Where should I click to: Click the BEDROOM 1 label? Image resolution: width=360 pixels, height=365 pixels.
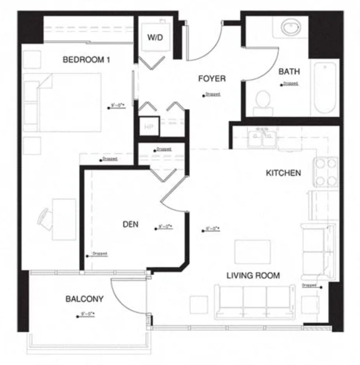pyautogui.click(x=87, y=60)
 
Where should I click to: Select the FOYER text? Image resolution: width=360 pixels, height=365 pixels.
pyautogui.click(x=212, y=79)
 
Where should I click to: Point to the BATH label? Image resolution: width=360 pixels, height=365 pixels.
pyautogui.click(x=289, y=72)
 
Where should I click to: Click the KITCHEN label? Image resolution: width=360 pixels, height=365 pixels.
pyautogui.click(x=283, y=173)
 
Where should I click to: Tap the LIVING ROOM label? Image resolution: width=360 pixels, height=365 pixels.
pyautogui.click(x=253, y=276)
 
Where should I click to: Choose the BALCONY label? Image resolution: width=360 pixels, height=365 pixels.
pyautogui.click(x=85, y=299)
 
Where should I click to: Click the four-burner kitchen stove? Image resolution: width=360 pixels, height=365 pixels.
pyautogui.click(x=326, y=172)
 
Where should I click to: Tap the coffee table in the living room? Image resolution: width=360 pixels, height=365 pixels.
pyautogui.click(x=252, y=252)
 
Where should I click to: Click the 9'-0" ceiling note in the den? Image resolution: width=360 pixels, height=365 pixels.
pyautogui.click(x=163, y=227)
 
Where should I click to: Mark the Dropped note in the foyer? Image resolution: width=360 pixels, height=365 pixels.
pyautogui.click(x=212, y=94)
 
